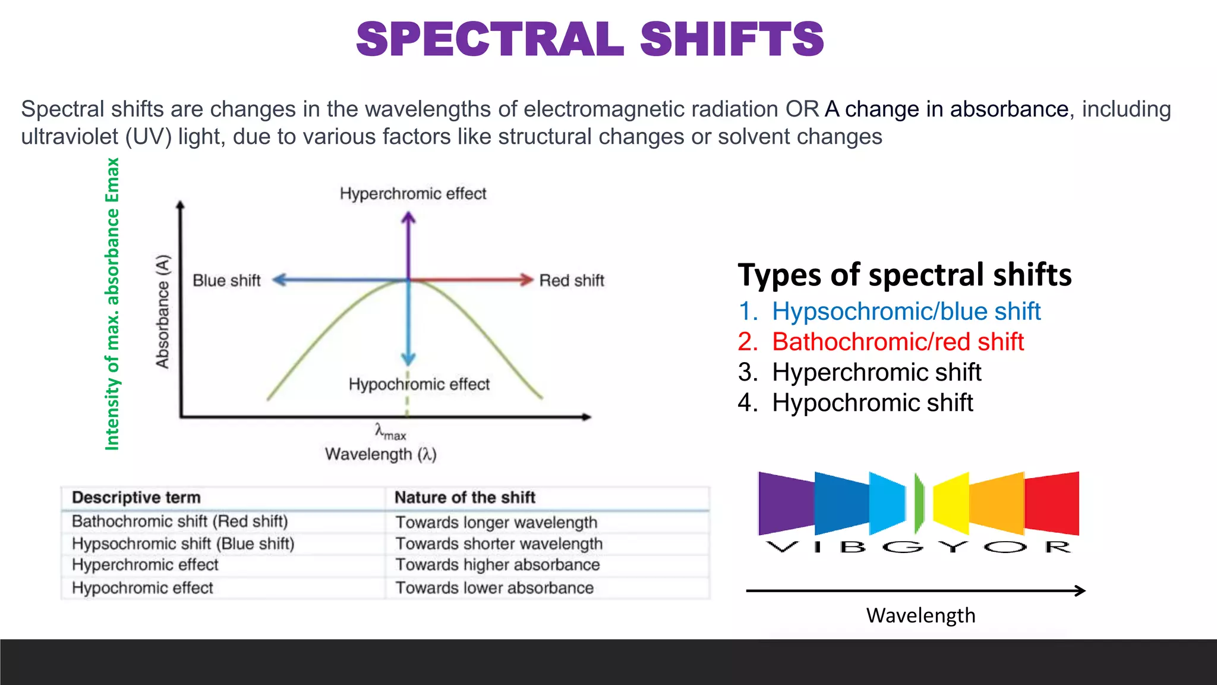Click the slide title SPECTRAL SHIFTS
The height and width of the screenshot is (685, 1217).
[x=589, y=40]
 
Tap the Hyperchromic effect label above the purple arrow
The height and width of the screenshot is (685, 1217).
[x=413, y=194]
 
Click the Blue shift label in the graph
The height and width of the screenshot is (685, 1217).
[x=226, y=281]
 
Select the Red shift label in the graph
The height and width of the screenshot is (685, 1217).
[x=572, y=281]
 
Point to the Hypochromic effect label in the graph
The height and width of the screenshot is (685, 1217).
[x=419, y=384]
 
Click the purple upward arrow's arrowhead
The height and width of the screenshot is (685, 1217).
[x=408, y=218]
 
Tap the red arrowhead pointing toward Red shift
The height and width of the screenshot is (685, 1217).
[x=526, y=279]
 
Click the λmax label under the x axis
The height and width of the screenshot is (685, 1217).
[x=390, y=432]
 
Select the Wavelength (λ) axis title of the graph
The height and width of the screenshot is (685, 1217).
[x=381, y=455]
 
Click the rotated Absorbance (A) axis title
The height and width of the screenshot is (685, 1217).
[x=162, y=312]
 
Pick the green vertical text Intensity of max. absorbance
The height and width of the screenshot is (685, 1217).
[x=112, y=303]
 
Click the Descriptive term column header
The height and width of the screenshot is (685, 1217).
[x=136, y=498]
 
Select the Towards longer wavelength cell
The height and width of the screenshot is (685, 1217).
[x=496, y=523]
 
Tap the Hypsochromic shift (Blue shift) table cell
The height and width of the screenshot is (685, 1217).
[x=183, y=544]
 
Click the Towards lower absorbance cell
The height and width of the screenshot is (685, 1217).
[x=494, y=588]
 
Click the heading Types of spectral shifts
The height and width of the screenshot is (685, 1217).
[x=904, y=275]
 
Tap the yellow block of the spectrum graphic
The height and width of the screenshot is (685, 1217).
[x=951, y=503]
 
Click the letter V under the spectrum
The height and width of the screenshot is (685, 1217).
[x=782, y=547]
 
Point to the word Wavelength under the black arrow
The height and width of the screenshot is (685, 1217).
[x=920, y=615]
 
